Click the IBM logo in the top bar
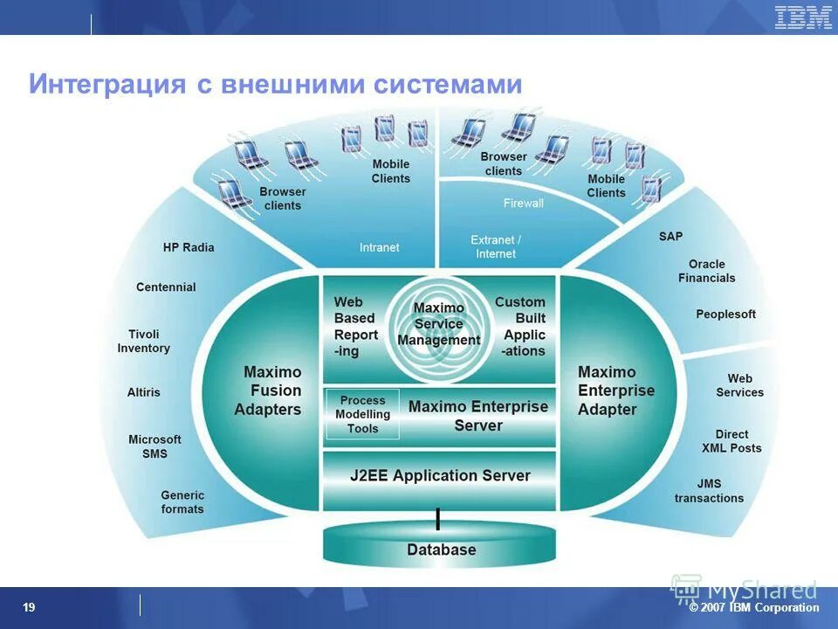[803, 17]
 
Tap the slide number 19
[29, 607]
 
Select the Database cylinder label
[441, 550]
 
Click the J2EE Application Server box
[440, 476]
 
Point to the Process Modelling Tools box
[362, 414]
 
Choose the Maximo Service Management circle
[438, 325]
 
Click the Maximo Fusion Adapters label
[268, 391]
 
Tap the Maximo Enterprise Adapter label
[615, 391]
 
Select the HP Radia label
[189, 247]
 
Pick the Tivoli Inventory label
[144, 341]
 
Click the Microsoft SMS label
[155, 446]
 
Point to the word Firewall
[523, 204]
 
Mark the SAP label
[671, 236]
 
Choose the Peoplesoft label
[725, 314]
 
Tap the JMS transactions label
[709, 491]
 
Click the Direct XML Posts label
[732, 441]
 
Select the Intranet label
[379, 247]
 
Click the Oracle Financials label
[706, 271]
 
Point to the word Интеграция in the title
[107, 85]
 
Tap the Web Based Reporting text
[355, 327]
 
